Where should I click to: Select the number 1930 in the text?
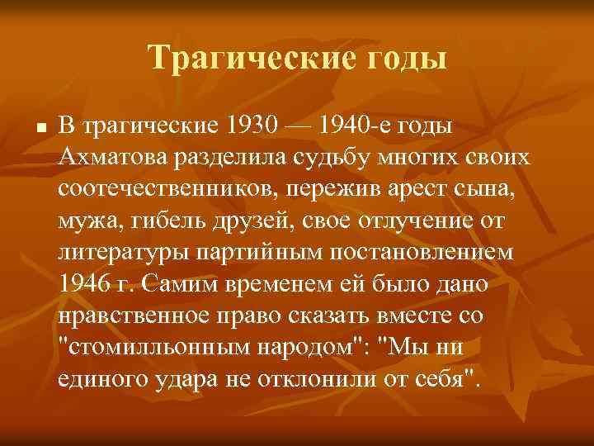click(250, 126)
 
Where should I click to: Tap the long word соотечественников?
click(170, 188)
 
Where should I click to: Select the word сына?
click(483, 188)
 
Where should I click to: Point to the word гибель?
click(157, 220)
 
